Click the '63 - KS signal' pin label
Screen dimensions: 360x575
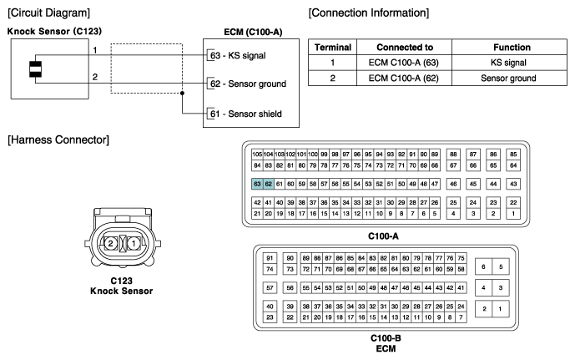coord(238,56)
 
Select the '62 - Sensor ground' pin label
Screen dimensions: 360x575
coord(248,84)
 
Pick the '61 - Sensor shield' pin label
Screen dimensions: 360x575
coord(247,113)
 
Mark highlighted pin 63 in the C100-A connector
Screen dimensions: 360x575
coord(257,183)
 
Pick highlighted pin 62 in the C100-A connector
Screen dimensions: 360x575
coord(269,183)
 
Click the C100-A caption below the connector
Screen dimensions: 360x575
coord(385,236)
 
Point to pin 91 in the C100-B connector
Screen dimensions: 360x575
coord(270,257)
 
